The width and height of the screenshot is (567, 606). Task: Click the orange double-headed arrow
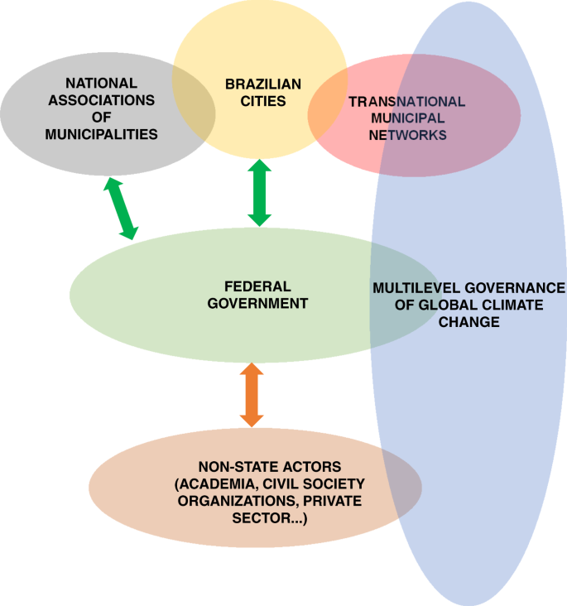(x=252, y=397)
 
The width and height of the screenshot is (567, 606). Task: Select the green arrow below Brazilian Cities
(x=260, y=193)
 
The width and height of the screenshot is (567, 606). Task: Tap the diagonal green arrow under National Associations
(x=121, y=208)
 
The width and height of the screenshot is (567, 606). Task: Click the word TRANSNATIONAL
(x=407, y=101)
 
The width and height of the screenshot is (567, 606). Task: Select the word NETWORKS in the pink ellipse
(x=407, y=134)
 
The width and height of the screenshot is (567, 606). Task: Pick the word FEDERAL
(x=257, y=286)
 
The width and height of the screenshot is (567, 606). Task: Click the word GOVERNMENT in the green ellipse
(x=257, y=303)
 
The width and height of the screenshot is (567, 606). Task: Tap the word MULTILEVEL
(x=413, y=288)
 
